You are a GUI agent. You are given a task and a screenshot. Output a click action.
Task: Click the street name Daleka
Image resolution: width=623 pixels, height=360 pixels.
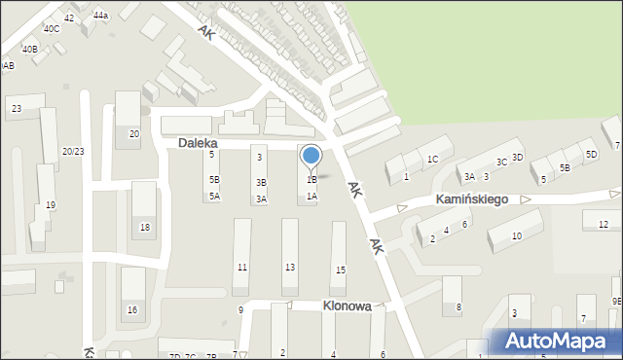(198, 143)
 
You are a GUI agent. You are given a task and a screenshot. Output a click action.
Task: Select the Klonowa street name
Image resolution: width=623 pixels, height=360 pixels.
(347, 306)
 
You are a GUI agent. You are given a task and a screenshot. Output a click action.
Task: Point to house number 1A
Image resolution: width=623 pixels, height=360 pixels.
(311, 196)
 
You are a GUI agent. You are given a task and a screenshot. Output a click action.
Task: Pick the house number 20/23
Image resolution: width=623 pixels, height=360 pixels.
(72, 151)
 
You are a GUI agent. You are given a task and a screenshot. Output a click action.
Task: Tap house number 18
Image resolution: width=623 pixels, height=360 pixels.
(144, 227)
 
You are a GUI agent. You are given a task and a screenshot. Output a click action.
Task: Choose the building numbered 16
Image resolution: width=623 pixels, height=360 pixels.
(132, 309)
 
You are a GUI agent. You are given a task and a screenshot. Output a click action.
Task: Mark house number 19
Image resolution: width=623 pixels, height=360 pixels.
(51, 204)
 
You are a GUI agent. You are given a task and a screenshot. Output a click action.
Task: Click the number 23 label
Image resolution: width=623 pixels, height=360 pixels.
(17, 109)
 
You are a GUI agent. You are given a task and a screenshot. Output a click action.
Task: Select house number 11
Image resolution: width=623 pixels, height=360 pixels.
(242, 267)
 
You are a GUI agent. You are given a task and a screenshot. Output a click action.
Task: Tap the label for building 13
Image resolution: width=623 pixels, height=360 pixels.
(290, 267)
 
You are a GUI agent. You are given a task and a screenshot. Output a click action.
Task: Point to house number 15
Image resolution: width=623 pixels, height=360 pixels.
(340, 270)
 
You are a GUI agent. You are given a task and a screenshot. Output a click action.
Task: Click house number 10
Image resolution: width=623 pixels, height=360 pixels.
(516, 235)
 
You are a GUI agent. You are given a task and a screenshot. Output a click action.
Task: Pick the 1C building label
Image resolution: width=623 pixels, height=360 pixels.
(433, 159)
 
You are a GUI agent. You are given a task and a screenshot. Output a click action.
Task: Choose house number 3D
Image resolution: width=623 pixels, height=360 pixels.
(517, 157)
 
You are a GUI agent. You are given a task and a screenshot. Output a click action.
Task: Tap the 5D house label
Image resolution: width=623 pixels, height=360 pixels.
(591, 154)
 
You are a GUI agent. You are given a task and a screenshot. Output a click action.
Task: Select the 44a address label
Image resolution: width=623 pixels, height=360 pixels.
(101, 17)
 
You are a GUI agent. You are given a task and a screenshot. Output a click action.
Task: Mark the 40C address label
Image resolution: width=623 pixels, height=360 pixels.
(51, 29)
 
